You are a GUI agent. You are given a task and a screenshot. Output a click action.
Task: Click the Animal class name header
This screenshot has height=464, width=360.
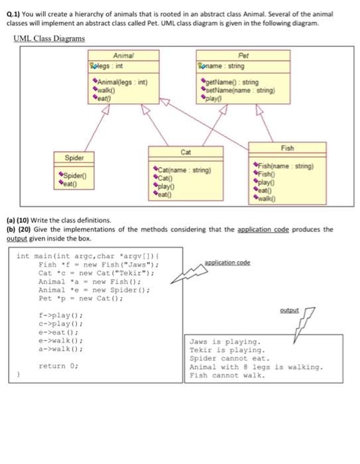click(x=123, y=56)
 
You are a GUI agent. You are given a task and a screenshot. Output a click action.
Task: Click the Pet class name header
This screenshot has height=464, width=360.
click(x=243, y=56)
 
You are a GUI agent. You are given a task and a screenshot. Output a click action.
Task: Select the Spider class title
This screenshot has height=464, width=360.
click(x=74, y=158)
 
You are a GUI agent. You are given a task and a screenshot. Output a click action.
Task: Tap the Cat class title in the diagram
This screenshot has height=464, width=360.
click(x=186, y=152)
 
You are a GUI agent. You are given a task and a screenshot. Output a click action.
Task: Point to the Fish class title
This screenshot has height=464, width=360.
click(x=288, y=148)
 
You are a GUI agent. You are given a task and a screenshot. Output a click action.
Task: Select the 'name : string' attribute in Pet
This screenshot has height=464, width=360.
click(x=225, y=66)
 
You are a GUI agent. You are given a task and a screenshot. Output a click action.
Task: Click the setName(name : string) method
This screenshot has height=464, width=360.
click(x=240, y=90)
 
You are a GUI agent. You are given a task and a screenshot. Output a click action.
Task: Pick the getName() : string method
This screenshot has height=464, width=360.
click(x=232, y=82)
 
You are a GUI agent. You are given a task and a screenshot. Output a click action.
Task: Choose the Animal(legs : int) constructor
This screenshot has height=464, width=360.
click(x=122, y=82)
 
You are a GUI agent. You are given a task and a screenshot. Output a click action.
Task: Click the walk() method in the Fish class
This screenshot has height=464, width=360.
click(x=267, y=199)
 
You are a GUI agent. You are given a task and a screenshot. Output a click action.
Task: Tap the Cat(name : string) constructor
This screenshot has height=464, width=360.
click(x=184, y=170)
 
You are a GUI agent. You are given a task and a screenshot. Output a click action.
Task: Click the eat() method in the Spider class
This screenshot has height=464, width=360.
click(x=70, y=184)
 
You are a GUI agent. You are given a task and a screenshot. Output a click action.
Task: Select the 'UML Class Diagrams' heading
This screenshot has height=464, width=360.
click(x=49, y=38)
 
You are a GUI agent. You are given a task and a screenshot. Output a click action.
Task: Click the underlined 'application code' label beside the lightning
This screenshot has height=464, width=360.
click(x=227, y=262)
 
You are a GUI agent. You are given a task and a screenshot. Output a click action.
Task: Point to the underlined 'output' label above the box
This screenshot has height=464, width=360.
click(x=289, y=310)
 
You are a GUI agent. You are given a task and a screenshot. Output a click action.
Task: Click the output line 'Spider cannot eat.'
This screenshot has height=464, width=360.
click(x=230, y=359)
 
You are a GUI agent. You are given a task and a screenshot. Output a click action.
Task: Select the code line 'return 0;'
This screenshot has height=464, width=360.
click(x=58, y=366)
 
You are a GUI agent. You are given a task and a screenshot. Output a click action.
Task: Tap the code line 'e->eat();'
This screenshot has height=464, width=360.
click(x=58, y=332)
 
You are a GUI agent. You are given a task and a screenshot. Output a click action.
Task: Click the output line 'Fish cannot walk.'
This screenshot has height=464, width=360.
click(x=227, y=375)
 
